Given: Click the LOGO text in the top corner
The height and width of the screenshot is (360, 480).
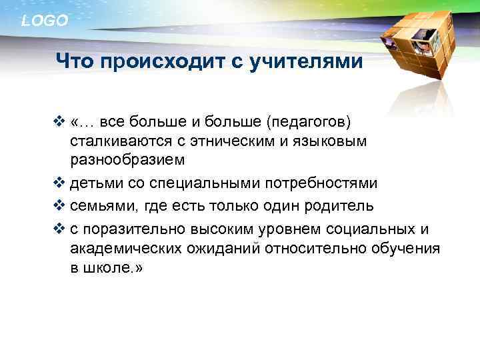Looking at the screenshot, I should (45, 21).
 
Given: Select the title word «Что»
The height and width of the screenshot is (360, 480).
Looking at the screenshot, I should (73, 63).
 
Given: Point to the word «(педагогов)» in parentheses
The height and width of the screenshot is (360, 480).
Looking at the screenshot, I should (309, 122).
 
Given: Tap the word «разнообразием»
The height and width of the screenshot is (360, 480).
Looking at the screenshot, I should (127, 161).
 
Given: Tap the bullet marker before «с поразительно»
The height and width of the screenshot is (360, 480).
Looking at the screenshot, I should (59, 229).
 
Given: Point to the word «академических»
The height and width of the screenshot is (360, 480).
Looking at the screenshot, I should (125, 249).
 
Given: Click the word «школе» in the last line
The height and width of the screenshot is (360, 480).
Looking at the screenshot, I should (105, 267).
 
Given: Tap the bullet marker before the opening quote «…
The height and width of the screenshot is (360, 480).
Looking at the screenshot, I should (59, 122).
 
